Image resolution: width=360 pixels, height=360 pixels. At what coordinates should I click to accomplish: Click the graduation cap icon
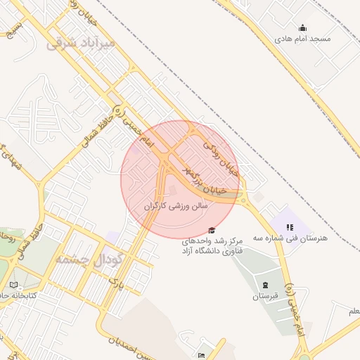(x=212, y=231)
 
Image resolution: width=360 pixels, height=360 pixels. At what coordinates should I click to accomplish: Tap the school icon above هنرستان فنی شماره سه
(x=290, y=227)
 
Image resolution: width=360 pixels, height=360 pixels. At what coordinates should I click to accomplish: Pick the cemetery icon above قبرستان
(x=264, y=285)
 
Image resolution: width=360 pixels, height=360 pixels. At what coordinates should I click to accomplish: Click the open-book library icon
(x=14, y=285)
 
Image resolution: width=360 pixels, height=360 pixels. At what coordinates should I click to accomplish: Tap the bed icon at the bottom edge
(x=202, y=356)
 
